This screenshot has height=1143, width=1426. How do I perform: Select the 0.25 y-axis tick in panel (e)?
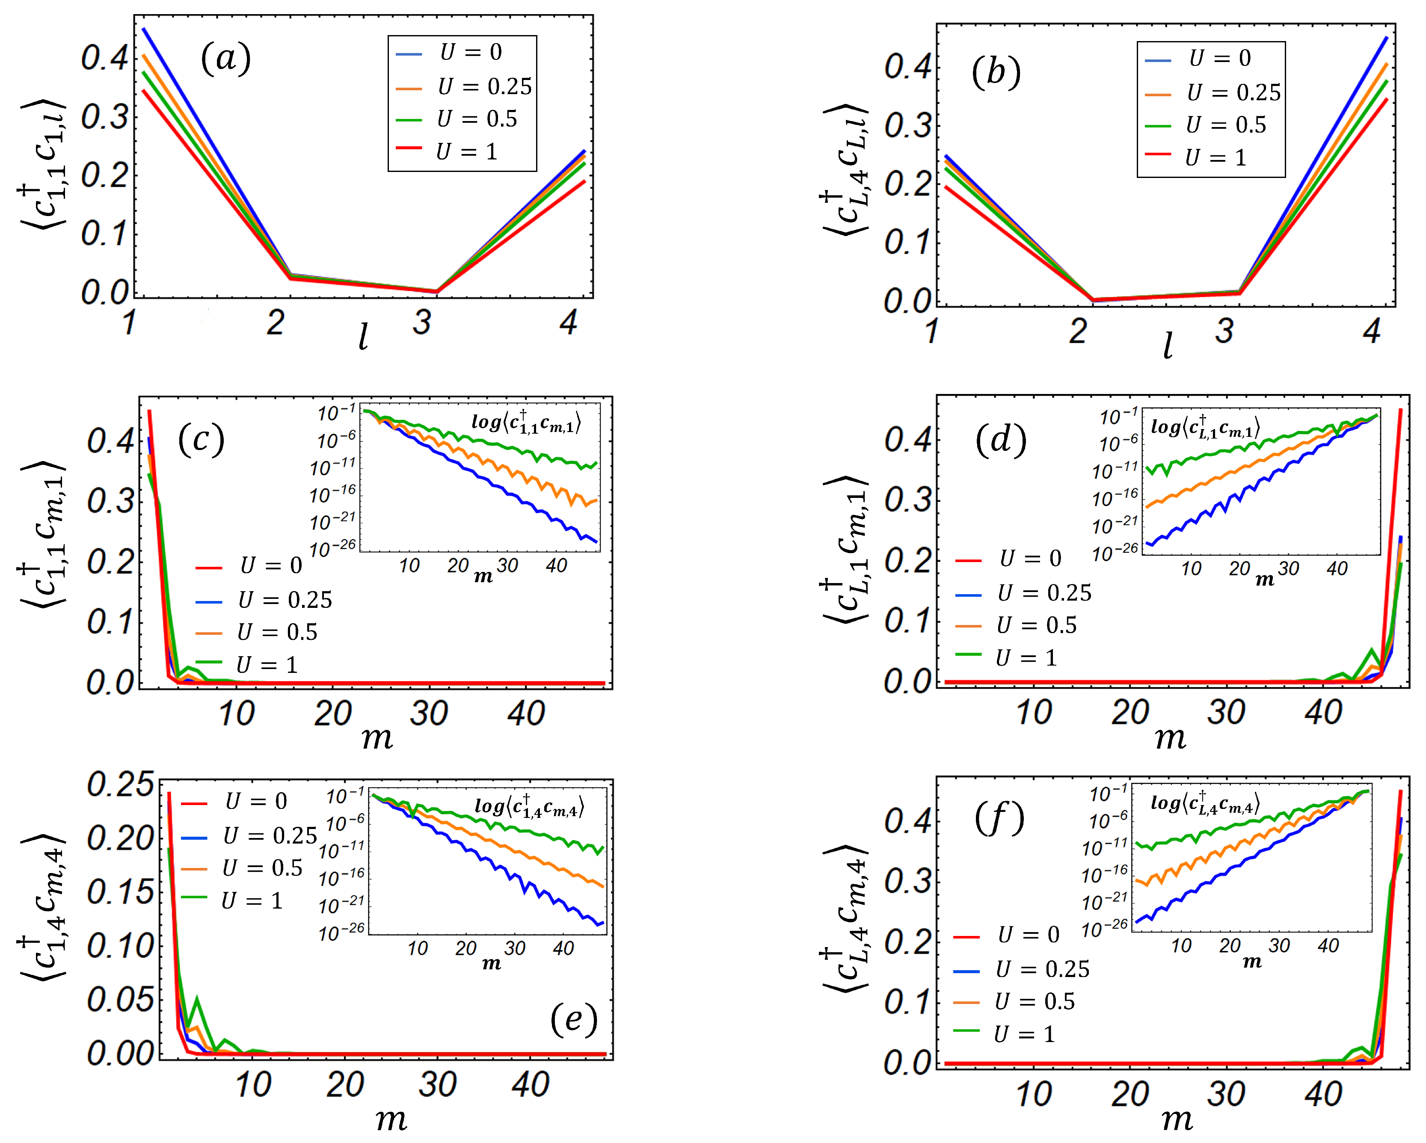pyautogui.click(x=120, y=785)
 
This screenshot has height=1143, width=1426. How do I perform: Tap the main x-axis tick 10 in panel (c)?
pyautogui.click(x=236, y=714)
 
